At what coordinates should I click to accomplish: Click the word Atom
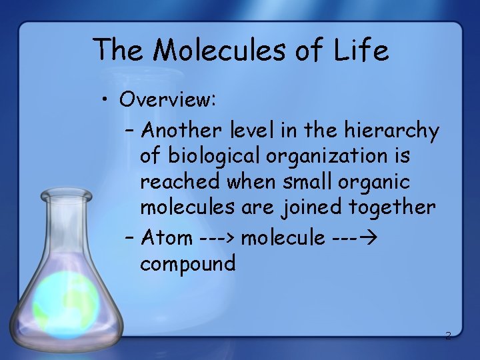(x=166, y=237)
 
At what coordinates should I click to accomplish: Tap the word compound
(x=188, y=263)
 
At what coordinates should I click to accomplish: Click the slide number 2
(x=448, y=335)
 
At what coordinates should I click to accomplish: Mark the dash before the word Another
(x=130, y=131)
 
